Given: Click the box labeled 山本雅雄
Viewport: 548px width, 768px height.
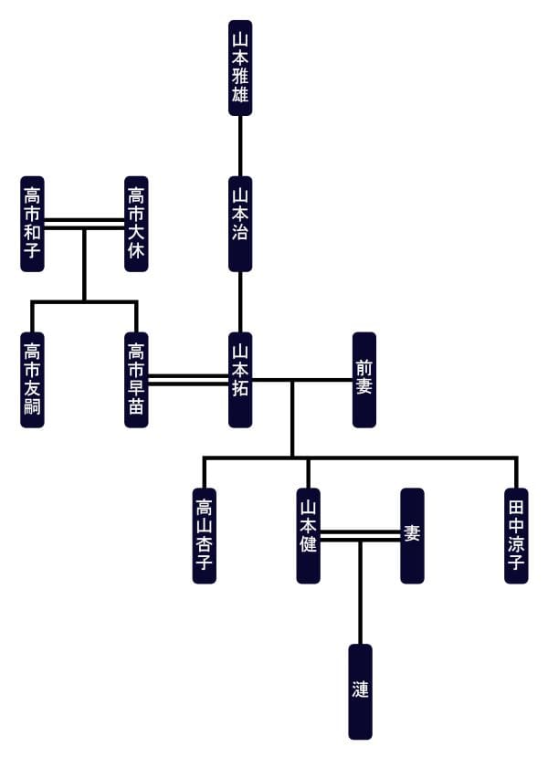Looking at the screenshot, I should click(240, 68).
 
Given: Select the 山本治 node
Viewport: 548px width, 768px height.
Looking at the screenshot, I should click(240, 224).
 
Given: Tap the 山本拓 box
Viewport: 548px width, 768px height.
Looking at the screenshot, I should click(240, 380).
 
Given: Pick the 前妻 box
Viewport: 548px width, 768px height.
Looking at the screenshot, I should click(364, 380).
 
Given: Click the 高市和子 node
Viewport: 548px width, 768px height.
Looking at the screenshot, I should click(33, 224).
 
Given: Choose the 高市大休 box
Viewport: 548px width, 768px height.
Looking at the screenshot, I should click(136, 224).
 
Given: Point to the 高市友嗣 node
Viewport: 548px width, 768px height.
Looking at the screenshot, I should click(33, 380).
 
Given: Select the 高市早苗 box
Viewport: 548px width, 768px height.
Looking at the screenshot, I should click(136, 380).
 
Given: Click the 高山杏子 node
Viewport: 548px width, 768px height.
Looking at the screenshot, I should click(205, 536).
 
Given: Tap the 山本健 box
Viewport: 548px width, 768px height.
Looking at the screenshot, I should click(309, 536).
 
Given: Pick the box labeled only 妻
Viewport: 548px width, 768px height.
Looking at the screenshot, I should click(412, 536).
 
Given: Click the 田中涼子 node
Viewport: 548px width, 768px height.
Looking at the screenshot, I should click(516, 536).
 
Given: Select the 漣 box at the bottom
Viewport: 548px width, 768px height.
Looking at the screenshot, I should click(361, 691).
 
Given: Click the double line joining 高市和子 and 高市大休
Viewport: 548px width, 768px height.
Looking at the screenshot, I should click(84, 224).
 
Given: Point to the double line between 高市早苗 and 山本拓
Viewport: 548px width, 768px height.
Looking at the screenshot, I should click(188, 380).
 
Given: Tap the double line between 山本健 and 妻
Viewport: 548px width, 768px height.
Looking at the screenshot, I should click(360, 536).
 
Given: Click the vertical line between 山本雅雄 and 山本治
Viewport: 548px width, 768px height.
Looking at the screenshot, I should click(240, 146).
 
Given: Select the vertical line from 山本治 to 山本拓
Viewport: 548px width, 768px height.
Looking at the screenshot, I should click(240, 301).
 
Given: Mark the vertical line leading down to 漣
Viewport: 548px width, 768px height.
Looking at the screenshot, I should click(360, 594).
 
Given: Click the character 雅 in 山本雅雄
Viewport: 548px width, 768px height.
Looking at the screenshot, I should click(240, 74).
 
